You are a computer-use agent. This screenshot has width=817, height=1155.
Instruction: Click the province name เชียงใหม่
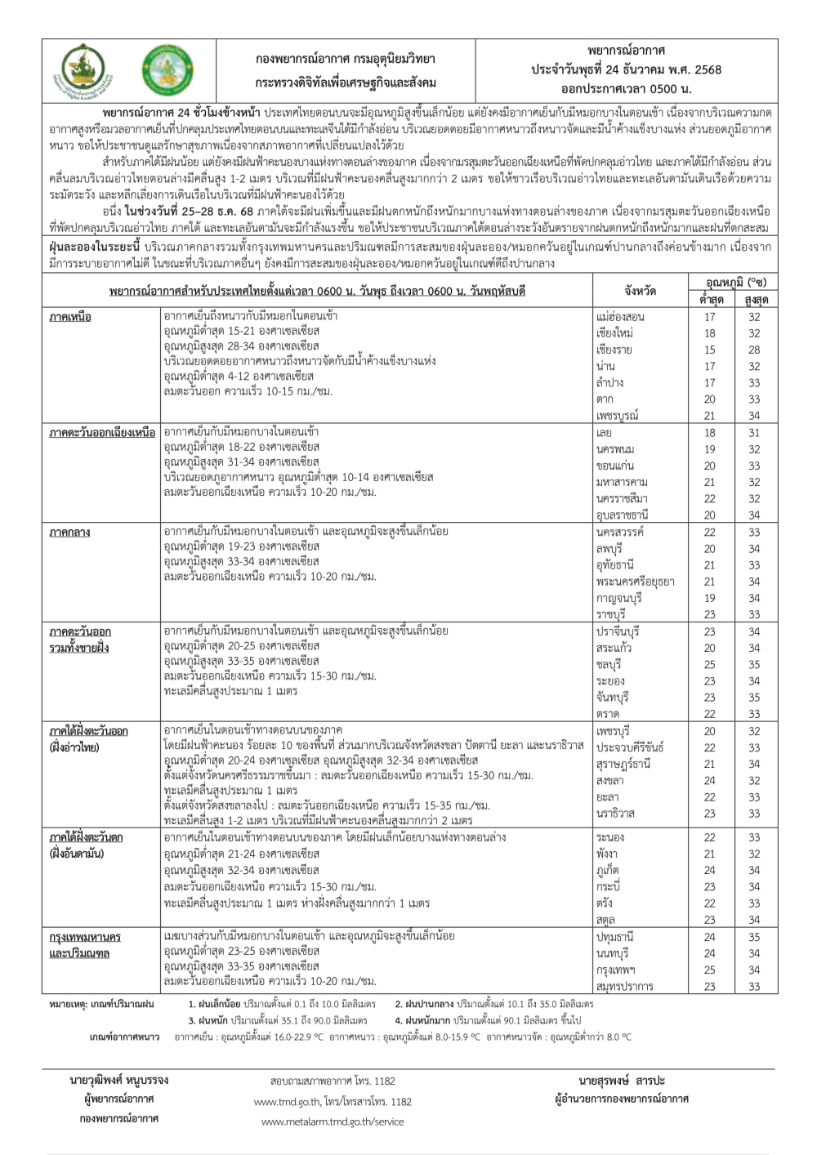[x=615, y=333]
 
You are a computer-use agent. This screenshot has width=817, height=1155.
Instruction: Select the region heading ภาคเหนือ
[x=70, y=316]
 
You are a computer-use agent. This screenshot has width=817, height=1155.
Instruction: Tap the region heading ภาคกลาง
[x=69, y=532]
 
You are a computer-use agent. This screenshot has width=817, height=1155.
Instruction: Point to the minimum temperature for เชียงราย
[x=709, y=350]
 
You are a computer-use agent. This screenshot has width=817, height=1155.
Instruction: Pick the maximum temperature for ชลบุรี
[x=753, y=664]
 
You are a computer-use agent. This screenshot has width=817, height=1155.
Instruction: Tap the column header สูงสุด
[x=754, y=300]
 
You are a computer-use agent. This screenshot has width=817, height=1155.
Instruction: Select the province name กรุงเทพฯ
[x=615, y=970]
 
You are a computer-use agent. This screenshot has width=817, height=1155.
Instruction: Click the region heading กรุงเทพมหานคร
[x=85, y=936]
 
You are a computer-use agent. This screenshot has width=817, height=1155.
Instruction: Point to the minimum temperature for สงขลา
[x=709, y=780]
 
